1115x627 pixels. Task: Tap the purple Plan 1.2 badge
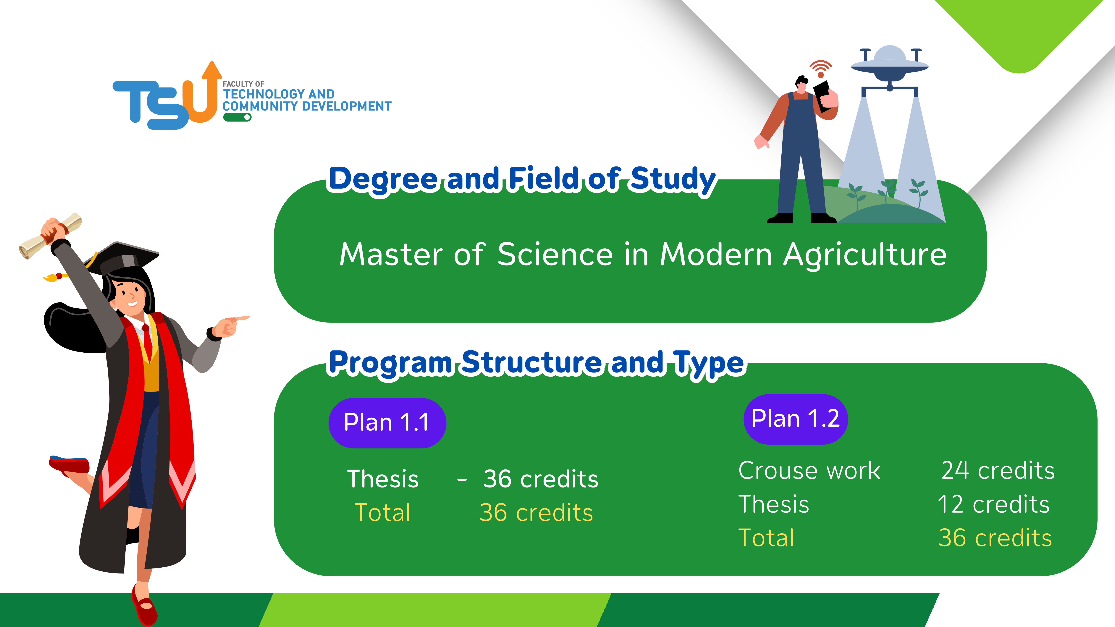coord(796,419)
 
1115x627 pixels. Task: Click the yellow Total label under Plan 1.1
coord(382,513)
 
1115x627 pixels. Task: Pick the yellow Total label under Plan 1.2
coord(766,538)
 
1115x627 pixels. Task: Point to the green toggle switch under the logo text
coord(237,117)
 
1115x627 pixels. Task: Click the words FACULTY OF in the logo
coord(243,84)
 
